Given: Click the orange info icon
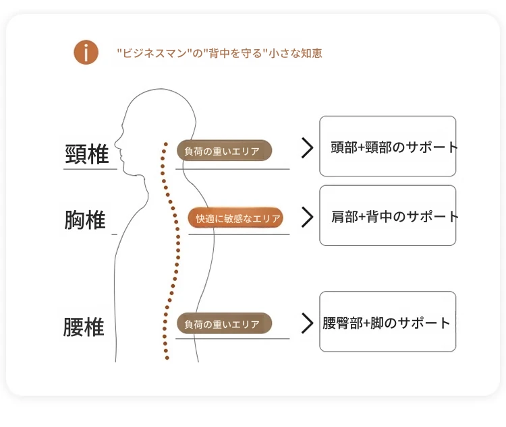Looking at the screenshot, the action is (86, 53).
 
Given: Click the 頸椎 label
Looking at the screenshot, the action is (87, 154).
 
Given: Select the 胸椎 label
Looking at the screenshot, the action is (85, 220).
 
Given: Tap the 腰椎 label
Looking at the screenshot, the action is (84, 327).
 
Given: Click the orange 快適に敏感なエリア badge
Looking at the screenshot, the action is (235, 218).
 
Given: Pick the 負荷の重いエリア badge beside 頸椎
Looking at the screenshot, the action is (224, 150).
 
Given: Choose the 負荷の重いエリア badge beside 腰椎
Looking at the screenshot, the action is (224, 323).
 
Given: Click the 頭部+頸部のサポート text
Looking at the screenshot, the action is (395, 147).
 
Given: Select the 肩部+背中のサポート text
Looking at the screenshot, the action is (395, 216).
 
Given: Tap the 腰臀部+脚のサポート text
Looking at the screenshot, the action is (387, 323).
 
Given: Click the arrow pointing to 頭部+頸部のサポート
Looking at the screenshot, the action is (307, 148).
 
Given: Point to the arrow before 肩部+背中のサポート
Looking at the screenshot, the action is (307, 218).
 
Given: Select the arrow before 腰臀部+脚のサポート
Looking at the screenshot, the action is (307, 323).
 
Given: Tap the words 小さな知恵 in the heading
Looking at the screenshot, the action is (296, 53).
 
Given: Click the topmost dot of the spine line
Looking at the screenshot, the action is (166, 144).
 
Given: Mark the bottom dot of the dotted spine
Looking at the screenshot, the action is (167, 358).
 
